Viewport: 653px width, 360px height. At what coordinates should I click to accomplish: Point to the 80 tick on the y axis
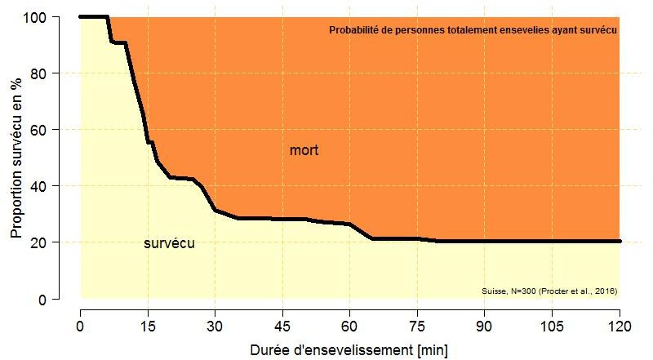point(56,73)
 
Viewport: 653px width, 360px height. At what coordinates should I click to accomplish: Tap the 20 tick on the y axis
point(56,242)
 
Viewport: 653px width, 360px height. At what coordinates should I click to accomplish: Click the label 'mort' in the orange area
point(304,151)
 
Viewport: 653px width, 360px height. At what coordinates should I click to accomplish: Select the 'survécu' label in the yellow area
point(169,243)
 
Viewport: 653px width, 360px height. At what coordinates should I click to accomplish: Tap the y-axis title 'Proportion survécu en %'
point(16,158)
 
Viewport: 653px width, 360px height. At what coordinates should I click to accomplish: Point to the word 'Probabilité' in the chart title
point(354,30)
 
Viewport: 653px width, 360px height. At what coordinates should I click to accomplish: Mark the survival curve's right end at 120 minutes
point(620,242)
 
